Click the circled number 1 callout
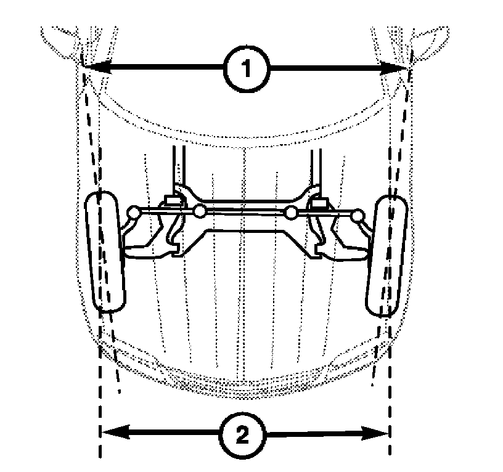pos(246,70)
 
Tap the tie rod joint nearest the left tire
pos(133,212)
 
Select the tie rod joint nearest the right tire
pos(357,214)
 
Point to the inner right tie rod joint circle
pos(292,213)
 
